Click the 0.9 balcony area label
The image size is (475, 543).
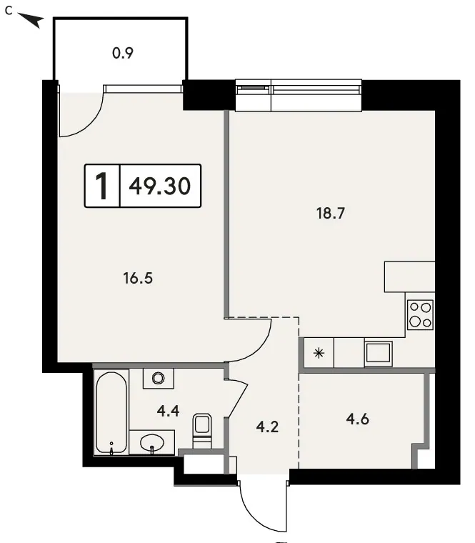coord(123,53)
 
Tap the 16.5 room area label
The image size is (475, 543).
coord(138,278)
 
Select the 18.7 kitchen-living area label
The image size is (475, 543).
coord(331,214)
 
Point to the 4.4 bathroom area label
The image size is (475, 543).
coord(168,411)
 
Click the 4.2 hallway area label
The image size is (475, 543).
coord(267,427)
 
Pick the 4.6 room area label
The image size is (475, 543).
coord(358,419)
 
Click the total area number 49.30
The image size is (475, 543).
coord(159,186)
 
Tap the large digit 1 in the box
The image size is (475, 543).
coord(102,186)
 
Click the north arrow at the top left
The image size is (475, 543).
coord(31,20)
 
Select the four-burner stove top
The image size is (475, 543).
coord(420,315)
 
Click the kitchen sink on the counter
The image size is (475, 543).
coord(378,354)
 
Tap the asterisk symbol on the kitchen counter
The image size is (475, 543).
coord(319,353)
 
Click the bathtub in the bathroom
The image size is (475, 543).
coord(111,412)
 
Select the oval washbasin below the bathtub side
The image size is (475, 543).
coord(152,442)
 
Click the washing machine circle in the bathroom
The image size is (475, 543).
coord(159,378)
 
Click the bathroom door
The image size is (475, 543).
coord(237,398)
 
